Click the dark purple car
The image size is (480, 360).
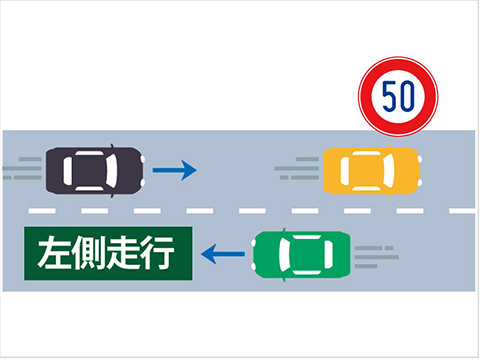[x=95, y=171]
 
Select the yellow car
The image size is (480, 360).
[x=372, y=171]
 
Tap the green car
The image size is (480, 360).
[x=302, y=255]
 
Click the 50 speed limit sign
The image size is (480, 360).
[x=398, y=97]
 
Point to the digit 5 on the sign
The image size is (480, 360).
[x=389, y=96]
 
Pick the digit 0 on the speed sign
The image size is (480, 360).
[x=407, y=96]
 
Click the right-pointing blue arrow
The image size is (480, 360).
[x=175, y=170]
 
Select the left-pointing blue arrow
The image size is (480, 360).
[x=223, y=254]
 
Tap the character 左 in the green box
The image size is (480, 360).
[x=54, y=252]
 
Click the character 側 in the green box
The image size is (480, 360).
[x=88, y=252]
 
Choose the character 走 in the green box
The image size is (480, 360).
[x=122, y=252]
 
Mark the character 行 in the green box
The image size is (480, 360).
[x=157, y=252]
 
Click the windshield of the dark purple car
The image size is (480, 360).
[x=112, y=171]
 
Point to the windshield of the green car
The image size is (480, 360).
[x=285, y=255]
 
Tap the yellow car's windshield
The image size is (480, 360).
[x=389, y=171]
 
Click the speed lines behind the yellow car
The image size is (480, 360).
[x=297, y=168]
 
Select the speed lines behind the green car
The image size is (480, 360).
[x=377, y=257]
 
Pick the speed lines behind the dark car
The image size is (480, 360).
[x=22, y=168]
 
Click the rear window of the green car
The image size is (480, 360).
[x=329, y=255]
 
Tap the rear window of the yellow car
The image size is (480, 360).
[x=345, y=171]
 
